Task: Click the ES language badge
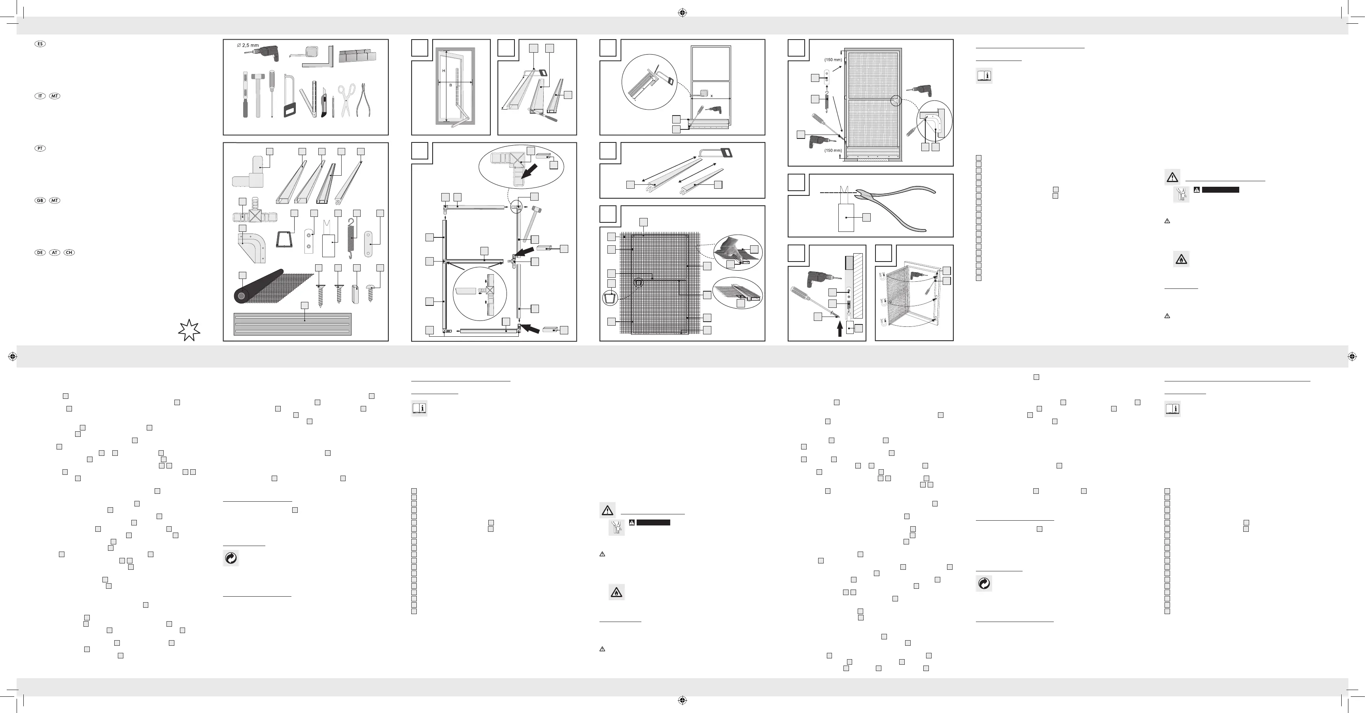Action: pos(40,44)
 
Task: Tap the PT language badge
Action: pos(40,148)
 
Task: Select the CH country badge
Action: pos(69,252)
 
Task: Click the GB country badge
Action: pos(40,200)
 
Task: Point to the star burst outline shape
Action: pos(189,330)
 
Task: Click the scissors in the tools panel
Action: pos(346,99)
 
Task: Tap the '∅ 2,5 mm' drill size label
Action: pos(248,46)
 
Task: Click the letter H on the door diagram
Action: pos(444,71)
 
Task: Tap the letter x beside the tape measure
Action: pos(712,96)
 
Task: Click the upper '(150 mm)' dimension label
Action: pos(833,60)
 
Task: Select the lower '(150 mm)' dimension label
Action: pos(833,150)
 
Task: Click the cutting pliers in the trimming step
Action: pos(896,207)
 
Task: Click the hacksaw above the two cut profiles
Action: pos(716,154)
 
